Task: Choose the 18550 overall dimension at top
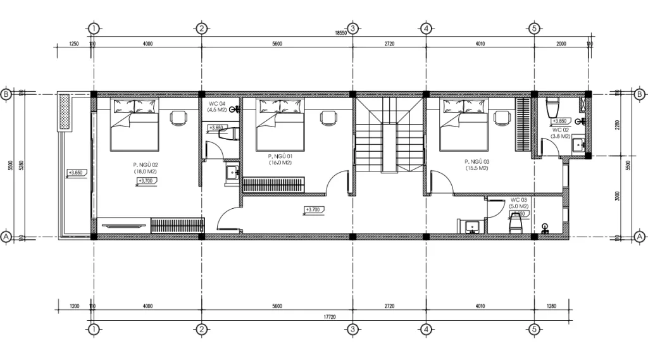pyautogui.click(x=340, y=33)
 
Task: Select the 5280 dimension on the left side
pyautogui.click(x=20, y=166)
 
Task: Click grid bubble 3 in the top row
pyautogui.click(x=353, y=28)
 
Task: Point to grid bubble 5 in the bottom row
pyautogui.click(x=534, y=329)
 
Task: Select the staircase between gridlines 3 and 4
pyautogui.click(x=389, y=134)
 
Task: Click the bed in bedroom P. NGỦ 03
pyautogui.click(x=464, y=124)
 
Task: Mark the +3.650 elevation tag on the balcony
pyautogui.click(x=75, y=172)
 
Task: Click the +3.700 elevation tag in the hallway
pyautogui.click(x=315, y=209)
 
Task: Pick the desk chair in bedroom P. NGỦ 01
pyautogui.click(x=328, y=117)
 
